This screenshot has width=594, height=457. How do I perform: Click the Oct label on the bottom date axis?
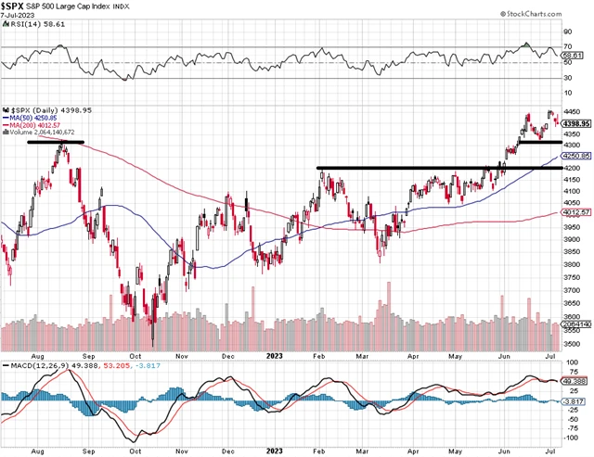click(x=136, y=353)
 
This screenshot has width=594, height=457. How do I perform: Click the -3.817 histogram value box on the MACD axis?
click(x=574, y=401)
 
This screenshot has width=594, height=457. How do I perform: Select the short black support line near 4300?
click(x=539, y=142)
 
